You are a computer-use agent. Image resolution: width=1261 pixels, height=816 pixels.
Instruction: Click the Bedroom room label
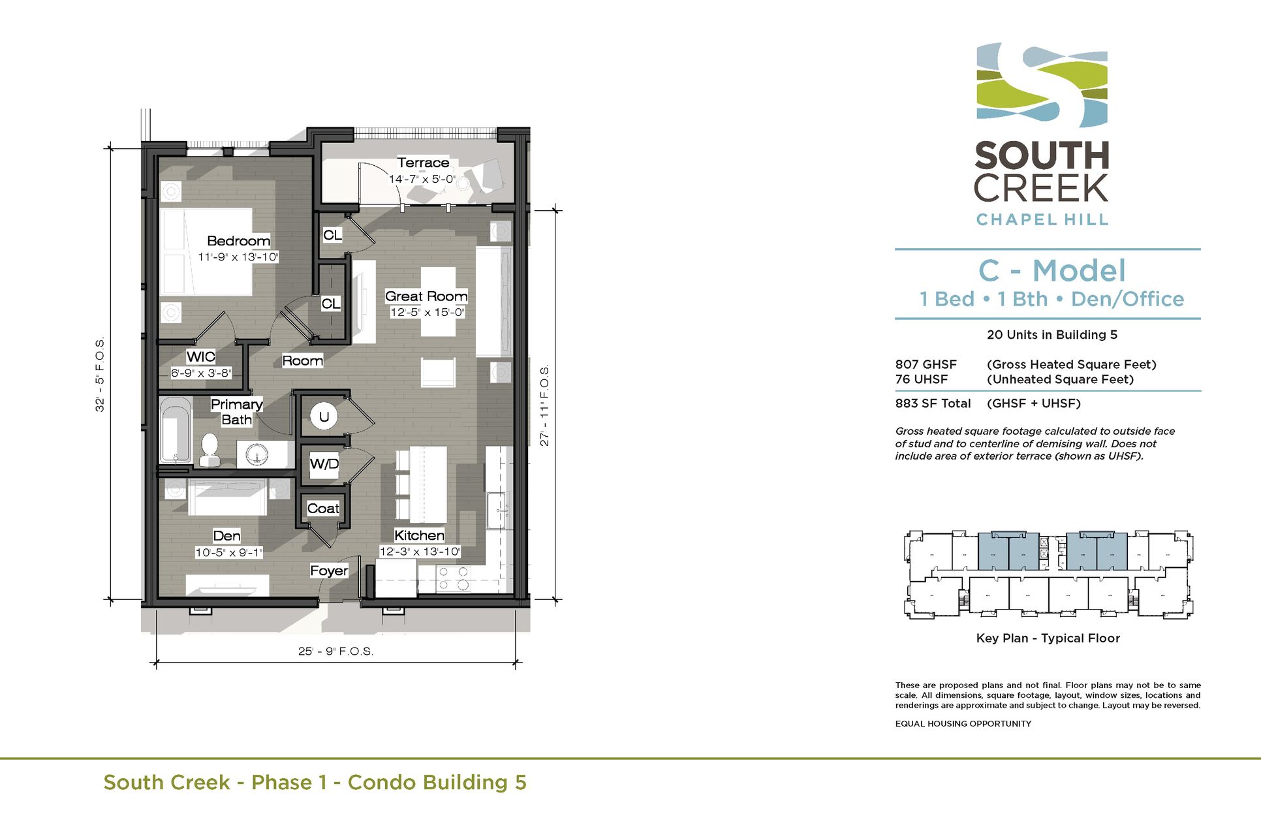coord(238,241)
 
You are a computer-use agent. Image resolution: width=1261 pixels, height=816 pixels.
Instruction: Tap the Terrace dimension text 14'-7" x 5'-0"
coord(422,179)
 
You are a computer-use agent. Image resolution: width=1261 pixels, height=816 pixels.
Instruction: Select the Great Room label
coord(426,296)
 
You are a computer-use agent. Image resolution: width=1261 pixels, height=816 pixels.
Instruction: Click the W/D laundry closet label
coord(324,464)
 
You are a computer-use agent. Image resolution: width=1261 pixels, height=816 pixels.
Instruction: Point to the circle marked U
coord(324,416)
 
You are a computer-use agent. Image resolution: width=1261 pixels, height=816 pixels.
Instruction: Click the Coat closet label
coord(323,509)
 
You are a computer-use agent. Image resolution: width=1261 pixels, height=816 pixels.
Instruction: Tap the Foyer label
coord(329,571)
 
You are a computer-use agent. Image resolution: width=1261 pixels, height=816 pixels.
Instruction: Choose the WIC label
coord(200,357)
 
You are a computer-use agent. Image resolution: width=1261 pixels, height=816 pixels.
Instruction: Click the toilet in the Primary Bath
coord(210,450)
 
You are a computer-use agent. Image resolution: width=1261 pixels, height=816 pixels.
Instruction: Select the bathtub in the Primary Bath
coord(176,430)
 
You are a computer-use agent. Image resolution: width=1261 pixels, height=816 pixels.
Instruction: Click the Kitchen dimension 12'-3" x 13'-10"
coord(420,552)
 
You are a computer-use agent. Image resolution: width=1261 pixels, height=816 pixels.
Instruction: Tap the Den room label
coord(226,536)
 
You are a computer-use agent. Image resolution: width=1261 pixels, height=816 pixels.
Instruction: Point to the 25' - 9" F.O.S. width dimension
coord(335,651)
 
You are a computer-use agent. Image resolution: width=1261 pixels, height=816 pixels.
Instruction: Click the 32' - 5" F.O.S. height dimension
coord(100,375)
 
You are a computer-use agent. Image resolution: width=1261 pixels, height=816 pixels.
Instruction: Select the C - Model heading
coord(1052,271)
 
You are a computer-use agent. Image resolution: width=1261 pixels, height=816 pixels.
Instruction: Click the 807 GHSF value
coord(926,364)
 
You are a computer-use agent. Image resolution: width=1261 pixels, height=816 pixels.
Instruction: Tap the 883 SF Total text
coord(933,403)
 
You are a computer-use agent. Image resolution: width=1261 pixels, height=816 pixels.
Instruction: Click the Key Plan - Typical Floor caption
coord(1048,638)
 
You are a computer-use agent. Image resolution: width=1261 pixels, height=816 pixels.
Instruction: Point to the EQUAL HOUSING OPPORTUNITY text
coord(963,723)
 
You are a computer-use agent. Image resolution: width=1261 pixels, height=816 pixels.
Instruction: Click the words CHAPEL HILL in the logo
coord(1042,220)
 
